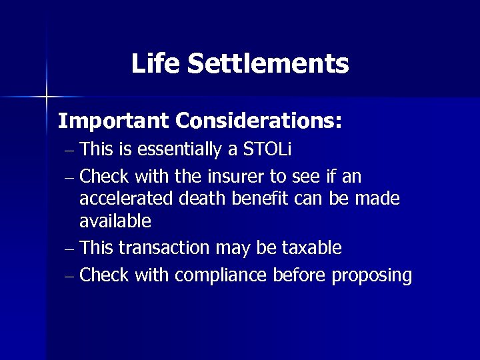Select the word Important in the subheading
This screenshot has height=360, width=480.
113,121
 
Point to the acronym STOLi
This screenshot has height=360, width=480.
267,150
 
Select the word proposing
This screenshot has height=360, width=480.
375,275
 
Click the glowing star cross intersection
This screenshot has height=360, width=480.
47,97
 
